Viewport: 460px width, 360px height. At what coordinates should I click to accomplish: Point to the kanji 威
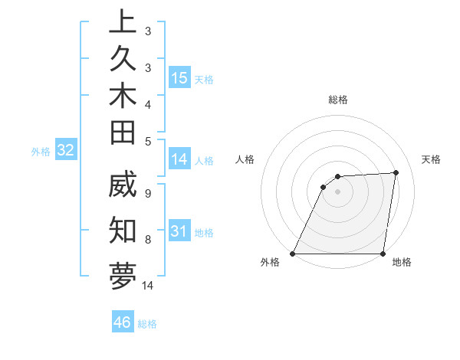pyautogui.click(x=123, y=188)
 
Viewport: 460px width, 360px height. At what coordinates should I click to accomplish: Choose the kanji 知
pyautogui.click(x=123, y=228)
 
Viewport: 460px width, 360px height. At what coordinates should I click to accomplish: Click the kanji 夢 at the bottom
pyautogui.click(x=123, y=273)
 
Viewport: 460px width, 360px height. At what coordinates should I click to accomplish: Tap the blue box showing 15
pyautogui.click(x=179, y=78)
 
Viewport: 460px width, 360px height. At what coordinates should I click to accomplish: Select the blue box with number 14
pyautogui.click(x=179, y=159)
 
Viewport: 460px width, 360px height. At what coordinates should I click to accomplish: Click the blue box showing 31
pyautogui.click(x=179, y=231)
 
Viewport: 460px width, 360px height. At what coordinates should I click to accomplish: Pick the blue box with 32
pyautogui.click(x=66, y=150)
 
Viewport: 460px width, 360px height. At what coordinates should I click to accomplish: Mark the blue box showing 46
pyautogui.click(x=123, y=322)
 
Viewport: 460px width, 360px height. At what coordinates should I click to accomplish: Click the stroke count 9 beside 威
pyautogui.click(x=147, y=193)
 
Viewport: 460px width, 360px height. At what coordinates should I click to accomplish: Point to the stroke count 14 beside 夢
pyautogui.click(x=148, y=286)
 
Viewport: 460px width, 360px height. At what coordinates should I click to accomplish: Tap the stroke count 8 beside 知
pyautogui.click(x=147, y=239)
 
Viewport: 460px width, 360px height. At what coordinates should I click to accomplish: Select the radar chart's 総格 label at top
pyautogui.click(x=337, y=100)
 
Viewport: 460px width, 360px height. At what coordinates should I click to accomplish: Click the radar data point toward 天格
pyautogui.click(x=396, y=172)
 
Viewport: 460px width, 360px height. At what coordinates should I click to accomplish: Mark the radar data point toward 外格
pyautogui.click(x=292, y=254)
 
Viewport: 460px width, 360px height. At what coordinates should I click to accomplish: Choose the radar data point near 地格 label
pyautogui.click(x=383, y=254)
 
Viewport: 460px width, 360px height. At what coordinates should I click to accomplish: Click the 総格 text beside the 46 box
pyautogui.click(x=147, y=324)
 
